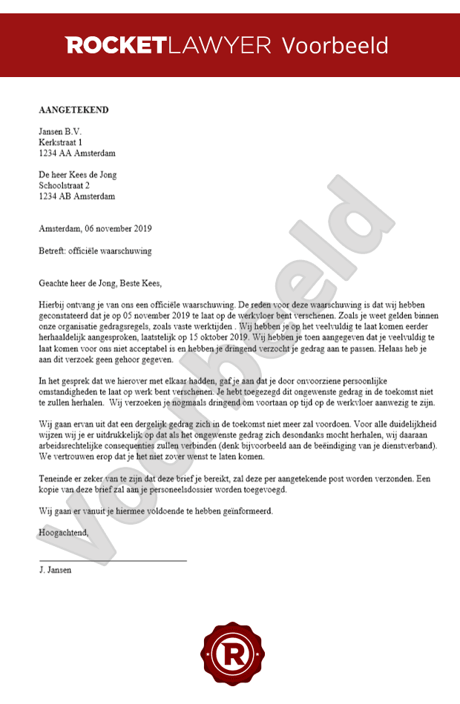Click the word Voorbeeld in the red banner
click(x=335, y=45)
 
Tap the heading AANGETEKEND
click(x=73, y=110)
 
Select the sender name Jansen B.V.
click(x=60, y=131)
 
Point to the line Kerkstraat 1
click(x=61, y=142)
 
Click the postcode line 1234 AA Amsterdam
click(x=77, y=153)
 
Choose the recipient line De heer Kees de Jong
click(x=78, y=175)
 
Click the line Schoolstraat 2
click(x=64, y=186)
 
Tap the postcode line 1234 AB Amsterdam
click(x=77, y=197)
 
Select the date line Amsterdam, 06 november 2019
click(x=95, y=229)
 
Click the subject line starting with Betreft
click(x=95, y=250)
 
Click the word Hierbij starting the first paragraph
click(x=51, y=305)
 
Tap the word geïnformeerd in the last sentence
click(x=247, y=511)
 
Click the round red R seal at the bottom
click(x=230, y=654)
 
